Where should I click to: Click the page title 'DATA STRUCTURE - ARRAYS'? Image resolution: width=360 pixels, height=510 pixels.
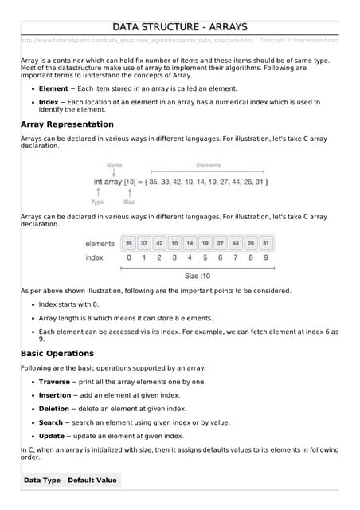[x=179, y=26]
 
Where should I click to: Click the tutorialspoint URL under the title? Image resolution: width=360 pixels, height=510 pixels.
[x=135, y=40]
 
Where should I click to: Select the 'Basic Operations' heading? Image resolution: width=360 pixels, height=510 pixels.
[x=57, y=353]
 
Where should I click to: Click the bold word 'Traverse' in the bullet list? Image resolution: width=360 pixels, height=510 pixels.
[x=54, y=382]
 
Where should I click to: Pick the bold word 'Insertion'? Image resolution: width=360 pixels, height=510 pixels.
[x=54, y=395]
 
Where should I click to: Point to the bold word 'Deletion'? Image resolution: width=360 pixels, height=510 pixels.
[x=53, y=409]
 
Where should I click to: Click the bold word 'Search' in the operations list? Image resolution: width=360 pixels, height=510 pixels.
[x=50, y=422]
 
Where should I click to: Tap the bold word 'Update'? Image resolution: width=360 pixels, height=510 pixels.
[x=51, y=436]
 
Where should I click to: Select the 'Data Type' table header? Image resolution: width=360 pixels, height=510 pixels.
[x=41, y=481]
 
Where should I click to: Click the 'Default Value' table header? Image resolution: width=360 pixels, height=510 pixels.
[x=92, y=481]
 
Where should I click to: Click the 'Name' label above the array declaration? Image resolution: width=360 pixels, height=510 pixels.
[x=114, y=166]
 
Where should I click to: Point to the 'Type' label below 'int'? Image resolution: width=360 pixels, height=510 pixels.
[x=97, y=202]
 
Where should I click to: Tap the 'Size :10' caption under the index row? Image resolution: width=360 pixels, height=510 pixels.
[x=197, y=276]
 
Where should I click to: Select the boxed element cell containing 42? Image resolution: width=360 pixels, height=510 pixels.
[x=159, y=243]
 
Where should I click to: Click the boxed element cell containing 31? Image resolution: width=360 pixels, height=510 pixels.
[x=266, y=243]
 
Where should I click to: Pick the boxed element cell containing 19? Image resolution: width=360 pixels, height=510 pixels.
[x=205, y=243]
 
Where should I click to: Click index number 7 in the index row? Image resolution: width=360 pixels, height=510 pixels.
[x=236, y=257]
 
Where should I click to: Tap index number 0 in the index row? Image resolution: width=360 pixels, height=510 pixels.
[x=129, y=257]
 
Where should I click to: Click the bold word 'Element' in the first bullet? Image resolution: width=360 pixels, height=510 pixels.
[x=53, y=88]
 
